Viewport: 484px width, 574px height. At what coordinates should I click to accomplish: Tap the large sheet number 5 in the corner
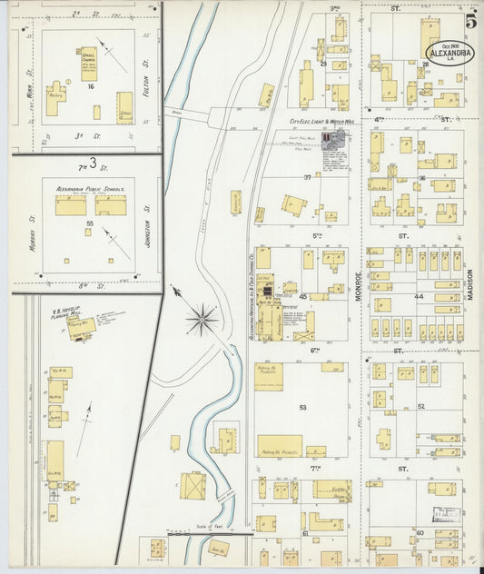coord(470,21)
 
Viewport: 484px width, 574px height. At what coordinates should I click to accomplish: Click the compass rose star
coord(202,319)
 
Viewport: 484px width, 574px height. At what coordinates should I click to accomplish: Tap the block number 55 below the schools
coord(89,222)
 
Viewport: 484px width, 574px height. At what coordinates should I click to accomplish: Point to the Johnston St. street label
coord(147,223)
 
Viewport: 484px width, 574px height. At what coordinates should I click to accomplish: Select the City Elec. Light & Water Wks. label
coord(321,121)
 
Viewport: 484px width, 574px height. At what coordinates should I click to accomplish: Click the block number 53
coord(303,408)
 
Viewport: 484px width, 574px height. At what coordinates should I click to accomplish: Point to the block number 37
coord(307,177)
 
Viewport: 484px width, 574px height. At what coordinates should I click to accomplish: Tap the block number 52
coord(421,406)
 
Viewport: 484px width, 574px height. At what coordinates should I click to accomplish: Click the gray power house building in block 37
coord(331,138)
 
